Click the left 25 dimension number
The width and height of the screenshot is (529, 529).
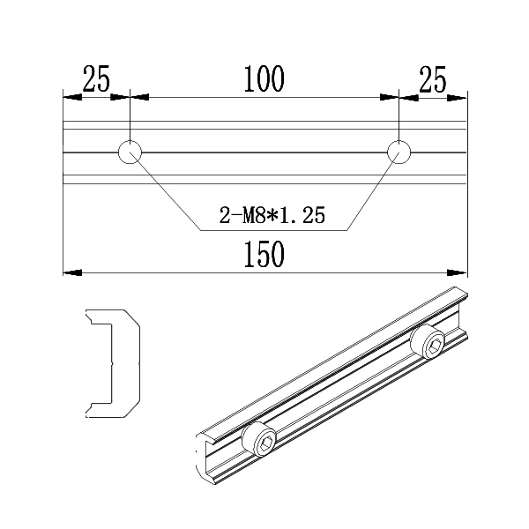click(x=96, y=80)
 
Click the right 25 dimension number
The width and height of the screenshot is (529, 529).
click(x=432, y=80)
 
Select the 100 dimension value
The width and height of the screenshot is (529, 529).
click(x=264, y=80)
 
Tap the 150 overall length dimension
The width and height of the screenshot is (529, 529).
click(x=264, y=255)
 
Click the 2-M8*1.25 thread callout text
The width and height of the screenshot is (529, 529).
click(x=272, y=214)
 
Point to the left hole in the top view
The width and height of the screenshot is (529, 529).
click(x=130, y=152)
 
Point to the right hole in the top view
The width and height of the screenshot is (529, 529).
click(x=399, y=152)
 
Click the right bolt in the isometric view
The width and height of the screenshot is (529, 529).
click(x=431, y=344)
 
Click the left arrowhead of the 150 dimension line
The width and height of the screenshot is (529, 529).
click(x=69, y=272)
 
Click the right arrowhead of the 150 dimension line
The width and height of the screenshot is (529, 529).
click(x=459, y=272)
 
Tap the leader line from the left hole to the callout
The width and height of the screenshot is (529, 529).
click(x=168, y=194)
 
